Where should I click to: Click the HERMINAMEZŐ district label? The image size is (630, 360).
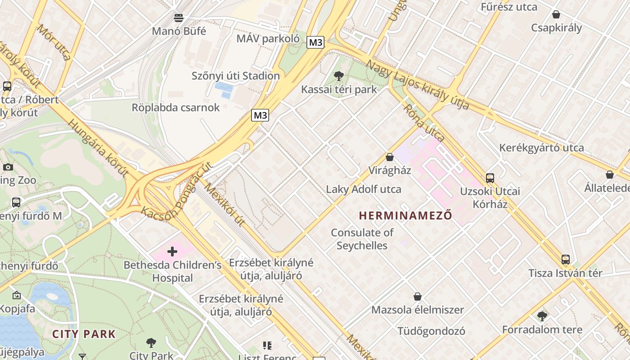tap(405, 216)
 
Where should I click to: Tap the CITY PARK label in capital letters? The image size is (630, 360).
tap(84, 334)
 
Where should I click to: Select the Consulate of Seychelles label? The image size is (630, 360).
tap(362, 239)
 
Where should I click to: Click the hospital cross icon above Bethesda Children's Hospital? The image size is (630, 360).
tap(172, 252)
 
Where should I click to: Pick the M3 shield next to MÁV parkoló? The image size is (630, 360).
tap(315, 42)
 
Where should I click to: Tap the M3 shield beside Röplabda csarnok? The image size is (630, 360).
tap(260, 115)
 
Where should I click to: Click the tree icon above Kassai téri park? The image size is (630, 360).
tap(339, 76)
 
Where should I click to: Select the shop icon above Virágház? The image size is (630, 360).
tap(390, 157)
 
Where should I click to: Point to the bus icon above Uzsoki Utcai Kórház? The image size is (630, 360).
tap(490, 178)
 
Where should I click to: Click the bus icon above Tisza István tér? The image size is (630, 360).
tap(566, 260)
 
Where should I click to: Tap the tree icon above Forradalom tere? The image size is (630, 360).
tap(542, 316)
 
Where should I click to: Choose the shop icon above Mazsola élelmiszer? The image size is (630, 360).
tap(418, 297)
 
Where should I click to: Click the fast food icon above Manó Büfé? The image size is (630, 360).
tap(179, 18)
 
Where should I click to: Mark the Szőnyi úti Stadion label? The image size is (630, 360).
tap(236, 76)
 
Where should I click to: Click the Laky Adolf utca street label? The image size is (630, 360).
tap(364, 189)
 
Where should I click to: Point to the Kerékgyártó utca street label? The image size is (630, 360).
tap(541, 148)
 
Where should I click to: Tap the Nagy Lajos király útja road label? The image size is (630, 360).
tap(417, 85)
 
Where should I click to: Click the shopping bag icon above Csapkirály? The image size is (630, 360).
tap(556, 14)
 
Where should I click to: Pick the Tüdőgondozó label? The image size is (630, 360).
tap(431, 331)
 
